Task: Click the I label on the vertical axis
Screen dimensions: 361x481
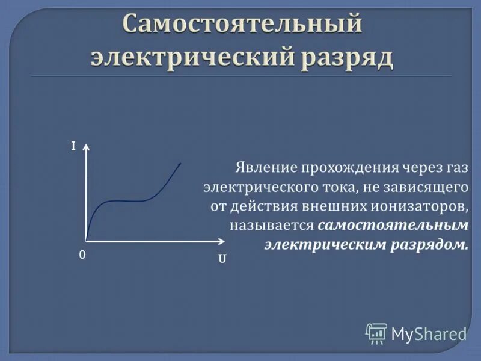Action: (73, 146)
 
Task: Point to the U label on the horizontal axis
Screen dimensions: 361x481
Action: (222, 260)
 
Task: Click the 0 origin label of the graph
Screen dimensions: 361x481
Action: (82, 255)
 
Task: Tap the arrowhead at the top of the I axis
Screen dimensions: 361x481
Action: (88, 147)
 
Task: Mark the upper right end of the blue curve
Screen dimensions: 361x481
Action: (181, 162)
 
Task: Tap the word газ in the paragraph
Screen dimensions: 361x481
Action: (455, 167)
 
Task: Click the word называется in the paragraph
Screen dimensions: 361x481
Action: (271, 226)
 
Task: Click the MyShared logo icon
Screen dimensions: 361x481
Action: (376, 333)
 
